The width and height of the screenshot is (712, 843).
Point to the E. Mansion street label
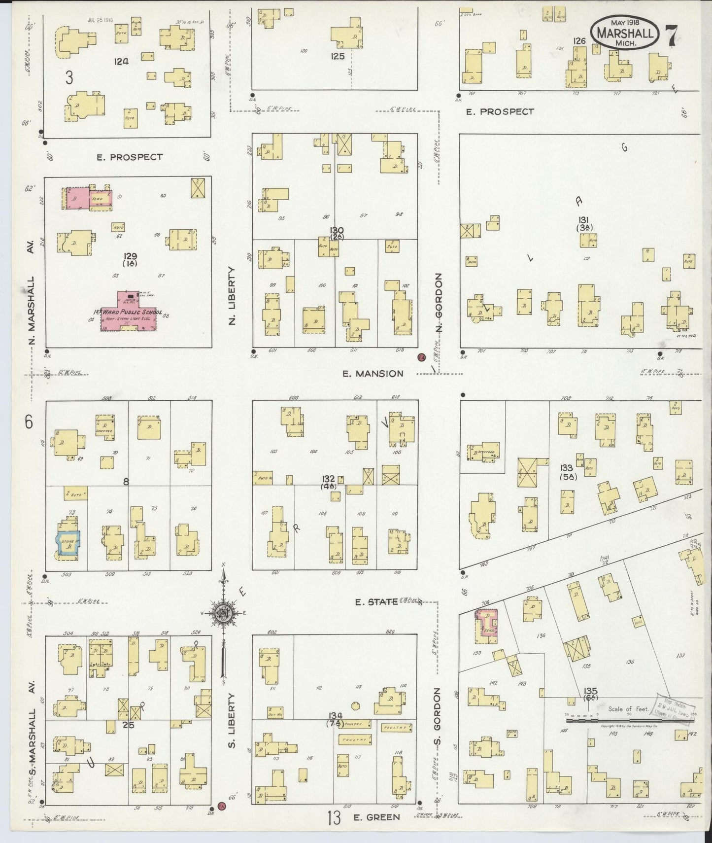click(x=373, y=374)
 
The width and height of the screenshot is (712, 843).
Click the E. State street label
click(x=376, y=602)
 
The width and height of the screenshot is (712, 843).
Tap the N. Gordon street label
click(x=439, y=302)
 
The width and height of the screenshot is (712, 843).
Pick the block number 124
click(x=121, y=61)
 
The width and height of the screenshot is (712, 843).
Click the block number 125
click(x=338, y=56)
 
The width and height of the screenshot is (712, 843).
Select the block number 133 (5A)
click(x=567, y=471)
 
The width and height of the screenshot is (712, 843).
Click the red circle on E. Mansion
click(x=421, y=358)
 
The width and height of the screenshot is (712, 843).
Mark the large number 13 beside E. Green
click(x=334, y=818)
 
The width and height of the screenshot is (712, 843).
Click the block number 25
click(x=129, y=725)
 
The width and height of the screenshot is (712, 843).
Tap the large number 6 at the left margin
click(x=29, y=422)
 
